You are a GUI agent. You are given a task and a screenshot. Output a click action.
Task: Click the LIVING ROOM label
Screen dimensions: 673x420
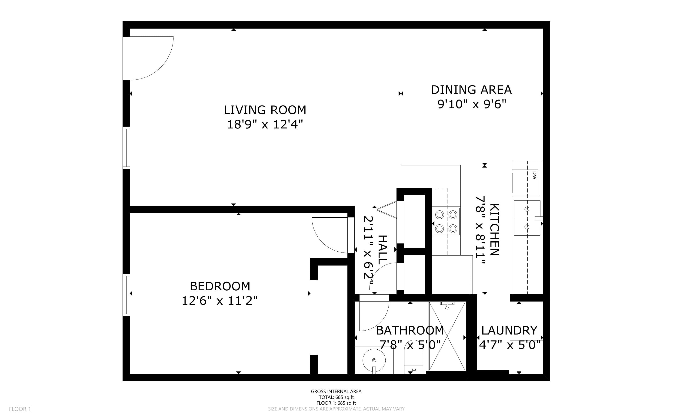coord(265,110)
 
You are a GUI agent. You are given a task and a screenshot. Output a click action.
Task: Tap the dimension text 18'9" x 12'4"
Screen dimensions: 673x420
coord(265,125)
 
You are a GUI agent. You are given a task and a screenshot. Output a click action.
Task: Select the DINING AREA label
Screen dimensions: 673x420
coord(471,90)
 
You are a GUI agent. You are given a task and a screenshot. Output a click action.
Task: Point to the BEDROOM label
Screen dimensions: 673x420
coord(220,286)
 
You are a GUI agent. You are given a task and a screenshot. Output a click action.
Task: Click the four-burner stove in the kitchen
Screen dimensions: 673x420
coord(446,221)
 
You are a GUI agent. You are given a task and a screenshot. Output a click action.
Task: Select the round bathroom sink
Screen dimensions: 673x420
coord(374,360)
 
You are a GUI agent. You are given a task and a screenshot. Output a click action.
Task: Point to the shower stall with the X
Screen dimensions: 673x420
coord(447,336)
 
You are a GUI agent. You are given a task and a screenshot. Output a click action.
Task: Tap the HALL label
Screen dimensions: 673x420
coord(383,250)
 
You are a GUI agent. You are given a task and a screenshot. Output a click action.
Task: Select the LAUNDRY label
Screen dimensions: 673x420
coord(509,331)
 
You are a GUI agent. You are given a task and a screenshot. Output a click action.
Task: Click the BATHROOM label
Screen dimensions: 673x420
coord(410,331)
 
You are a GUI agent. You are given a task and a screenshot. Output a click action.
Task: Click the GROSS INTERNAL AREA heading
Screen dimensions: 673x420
coord(336,391)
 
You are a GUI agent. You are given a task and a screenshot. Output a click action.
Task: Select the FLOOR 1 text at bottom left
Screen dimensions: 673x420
coord(20,409)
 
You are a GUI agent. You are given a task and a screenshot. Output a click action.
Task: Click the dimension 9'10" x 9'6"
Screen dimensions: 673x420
coord(472,105)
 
